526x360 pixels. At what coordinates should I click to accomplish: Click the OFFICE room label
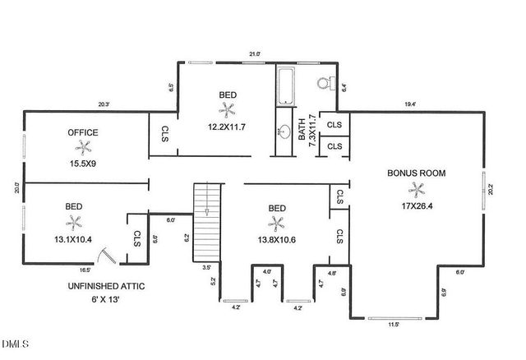pyautogui.click(x=83, y=132)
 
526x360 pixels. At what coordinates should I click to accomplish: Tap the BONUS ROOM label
pyautogui.click(x=417, y=173)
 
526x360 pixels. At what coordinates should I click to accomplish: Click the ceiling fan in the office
pyautogui.click(x=82, y=148)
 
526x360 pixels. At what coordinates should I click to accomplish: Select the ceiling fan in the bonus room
pyautogui.click(x=419, y=190)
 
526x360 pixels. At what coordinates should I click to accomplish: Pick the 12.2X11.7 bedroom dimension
pyautogui.click(x=227, y=127)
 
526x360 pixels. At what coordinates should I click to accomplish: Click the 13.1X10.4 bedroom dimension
pyautogui.click(x=74, y=238)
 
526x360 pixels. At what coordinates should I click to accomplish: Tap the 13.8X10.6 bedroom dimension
pyautogui.click(x=277, y=238)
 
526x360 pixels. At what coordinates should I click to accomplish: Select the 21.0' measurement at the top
pyautogui.click(x=255, y=55)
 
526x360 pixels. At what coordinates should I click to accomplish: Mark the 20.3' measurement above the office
pyautogui.click(x=104, y=104)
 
